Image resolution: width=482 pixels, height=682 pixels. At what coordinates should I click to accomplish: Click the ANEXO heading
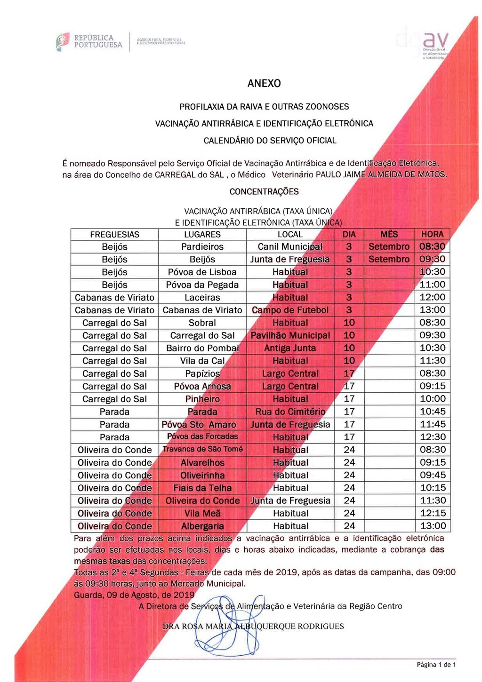pyautogui.click(x=264, y=84)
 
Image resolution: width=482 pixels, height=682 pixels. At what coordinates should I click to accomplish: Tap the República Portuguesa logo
pyautogui.click(x=89, y=41)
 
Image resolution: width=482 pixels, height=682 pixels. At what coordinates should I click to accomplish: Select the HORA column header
pyautogui.click(x=432, y=234)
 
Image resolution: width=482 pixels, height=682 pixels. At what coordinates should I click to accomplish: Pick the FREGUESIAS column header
pyautogui.click(x=114, y=234)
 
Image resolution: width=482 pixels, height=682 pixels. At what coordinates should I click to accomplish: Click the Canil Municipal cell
pyautogui.click(x=290, y=247)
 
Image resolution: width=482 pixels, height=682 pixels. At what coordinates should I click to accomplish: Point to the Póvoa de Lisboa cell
pyautogui.click(x=202, y=272)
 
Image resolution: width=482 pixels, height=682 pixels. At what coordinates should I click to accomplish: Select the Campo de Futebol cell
pyautogui.click(x=290, y=310)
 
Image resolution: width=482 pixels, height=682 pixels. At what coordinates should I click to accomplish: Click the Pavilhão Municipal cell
pyautogui.click(x=290, y=336)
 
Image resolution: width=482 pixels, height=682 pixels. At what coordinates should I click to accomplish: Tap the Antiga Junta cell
pyautogui.click(x=290, y=349)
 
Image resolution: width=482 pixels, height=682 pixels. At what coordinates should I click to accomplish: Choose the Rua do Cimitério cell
pyautogui.click(x=290, y=412)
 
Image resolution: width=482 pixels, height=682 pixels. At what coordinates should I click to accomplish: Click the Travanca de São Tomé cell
pyautogui.click(x=202, y=449)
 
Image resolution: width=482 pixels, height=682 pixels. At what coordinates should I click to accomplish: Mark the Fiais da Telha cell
pyautogui.click(x=202, y=488)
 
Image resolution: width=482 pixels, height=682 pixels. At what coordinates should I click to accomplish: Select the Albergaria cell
pyautogui.click(x=202, y=526)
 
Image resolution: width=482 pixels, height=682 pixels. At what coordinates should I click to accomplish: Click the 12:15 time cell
pyautogui.click(x=432, y=514)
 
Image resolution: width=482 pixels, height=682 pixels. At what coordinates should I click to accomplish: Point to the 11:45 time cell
pyautogui.click(x=432, y=425)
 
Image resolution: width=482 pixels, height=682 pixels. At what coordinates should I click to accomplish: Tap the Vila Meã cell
pyautogui.click(x=202, y=514)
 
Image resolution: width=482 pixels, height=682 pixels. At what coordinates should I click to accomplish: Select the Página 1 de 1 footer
pyautogui.click(x=436, y=665)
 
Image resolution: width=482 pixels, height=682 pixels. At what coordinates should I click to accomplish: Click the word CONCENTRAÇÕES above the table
pyautogui.click(x=264, y=192)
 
